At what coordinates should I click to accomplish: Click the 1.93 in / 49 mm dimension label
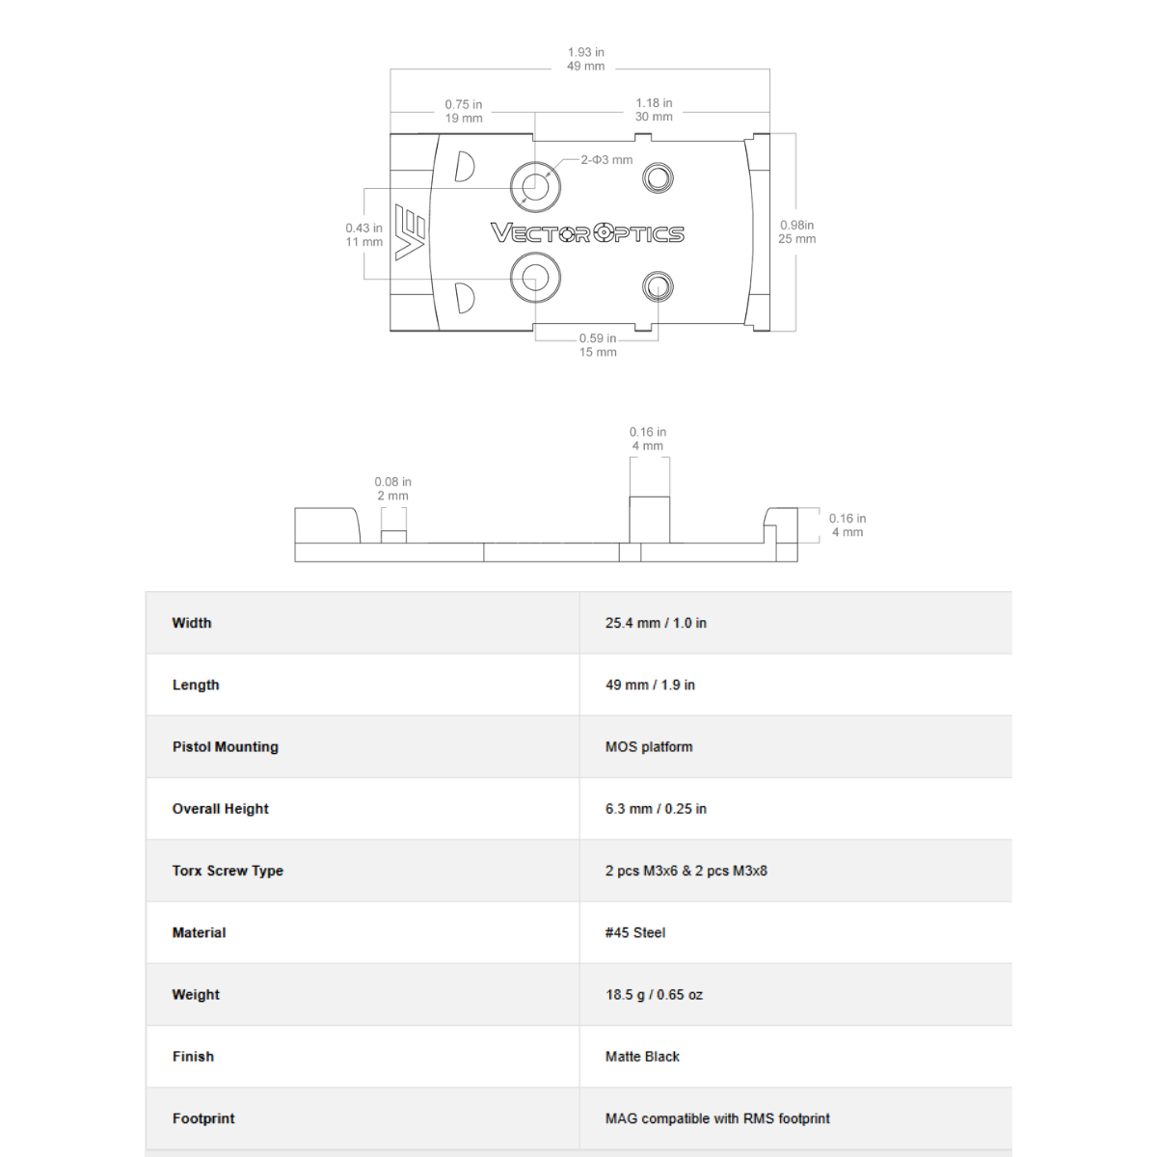click(586, 59)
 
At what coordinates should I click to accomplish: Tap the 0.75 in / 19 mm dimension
click(464, 111)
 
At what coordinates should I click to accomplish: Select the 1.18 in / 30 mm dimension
click(654, 110)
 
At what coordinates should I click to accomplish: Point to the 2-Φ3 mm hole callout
click(606, 160)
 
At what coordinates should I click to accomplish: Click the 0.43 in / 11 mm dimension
click(363, 235)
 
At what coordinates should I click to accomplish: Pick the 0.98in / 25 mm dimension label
click(797, 231)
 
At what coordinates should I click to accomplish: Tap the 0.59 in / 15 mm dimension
click(598, 345)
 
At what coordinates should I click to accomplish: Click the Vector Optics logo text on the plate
click(587, 233)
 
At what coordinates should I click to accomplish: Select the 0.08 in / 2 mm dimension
click(392, 489)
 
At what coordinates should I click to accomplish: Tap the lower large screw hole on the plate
click(534, 278)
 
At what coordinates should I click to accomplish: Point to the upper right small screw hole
click(658, 177)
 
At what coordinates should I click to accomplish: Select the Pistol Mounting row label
click(225, 746)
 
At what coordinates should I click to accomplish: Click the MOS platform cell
click(649, 746)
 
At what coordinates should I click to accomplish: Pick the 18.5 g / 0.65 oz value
click(654, 994)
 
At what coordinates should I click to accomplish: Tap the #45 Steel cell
click(635, 932)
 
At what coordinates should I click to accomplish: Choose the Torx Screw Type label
click(228, 871)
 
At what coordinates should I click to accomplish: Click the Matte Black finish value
click(642, 1057)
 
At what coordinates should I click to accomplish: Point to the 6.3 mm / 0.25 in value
click(656, 809)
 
